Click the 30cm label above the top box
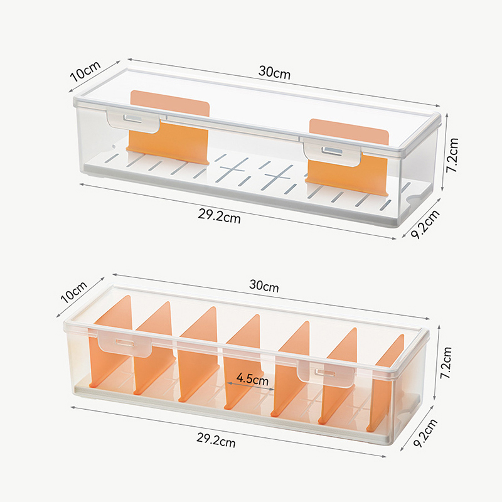tap(274, 73)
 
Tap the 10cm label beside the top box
tap(85, 71)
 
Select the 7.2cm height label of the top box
tap(452, 155)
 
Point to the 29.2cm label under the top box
tap(219, 216)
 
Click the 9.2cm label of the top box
tap(425, 225)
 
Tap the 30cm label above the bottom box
tap(264, 286)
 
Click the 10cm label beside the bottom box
tap(74, 292)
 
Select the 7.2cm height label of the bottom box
tap(446, 363)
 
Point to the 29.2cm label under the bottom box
tap(216, 441)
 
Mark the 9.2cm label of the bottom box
tap(425, 433)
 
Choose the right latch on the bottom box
tap(326, 371)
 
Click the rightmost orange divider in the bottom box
tap(386, 383)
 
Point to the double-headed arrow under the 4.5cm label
tap(250, 386)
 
